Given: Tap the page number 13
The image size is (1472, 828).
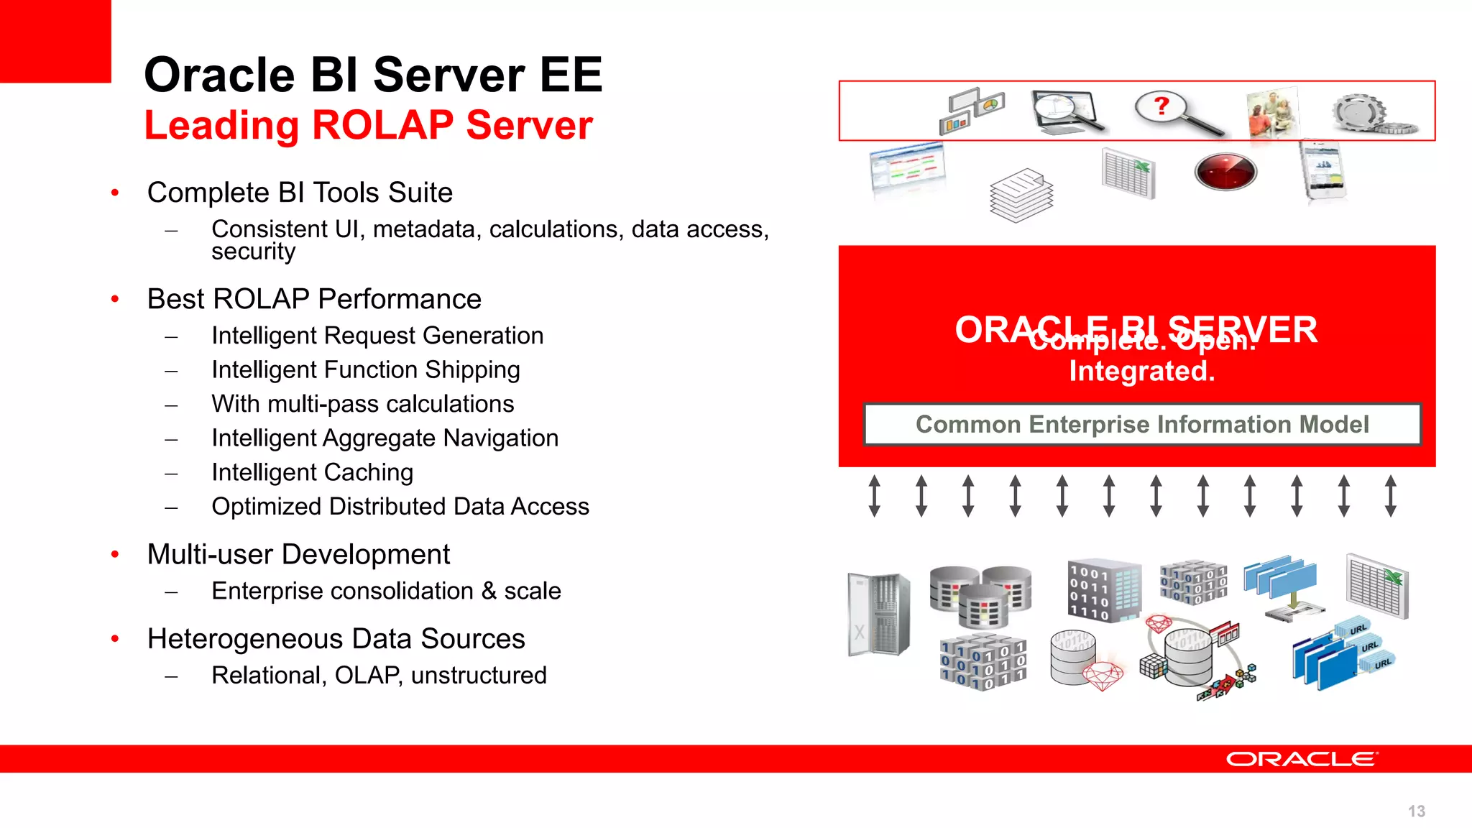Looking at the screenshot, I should click(1416, 811).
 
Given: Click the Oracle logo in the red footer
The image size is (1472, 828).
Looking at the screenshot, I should click(1302, 759).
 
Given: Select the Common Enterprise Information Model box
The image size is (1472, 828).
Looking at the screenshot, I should click(1142, 425).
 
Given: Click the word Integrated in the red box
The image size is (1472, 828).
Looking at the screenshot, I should click(1141, 372).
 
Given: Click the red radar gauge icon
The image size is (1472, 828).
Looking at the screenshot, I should click(1225, 172).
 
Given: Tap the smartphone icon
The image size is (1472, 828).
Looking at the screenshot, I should click(1322, 170).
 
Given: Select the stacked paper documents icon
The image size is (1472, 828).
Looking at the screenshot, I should click(1021, 195).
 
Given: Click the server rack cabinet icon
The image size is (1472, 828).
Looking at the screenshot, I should click(878, 614).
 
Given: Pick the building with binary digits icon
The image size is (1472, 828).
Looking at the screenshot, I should click(1103, 590).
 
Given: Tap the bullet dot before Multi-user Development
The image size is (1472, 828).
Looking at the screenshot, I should click(115, 555).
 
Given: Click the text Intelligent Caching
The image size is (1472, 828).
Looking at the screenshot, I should click(312, 472).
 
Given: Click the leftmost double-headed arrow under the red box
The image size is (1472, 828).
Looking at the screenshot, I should click(874, 495).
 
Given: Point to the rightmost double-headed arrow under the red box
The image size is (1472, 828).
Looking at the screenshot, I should click(1390, 495).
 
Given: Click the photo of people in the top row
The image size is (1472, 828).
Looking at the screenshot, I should click(1272, 114).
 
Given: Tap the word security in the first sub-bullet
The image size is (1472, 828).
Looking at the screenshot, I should click(253, 252).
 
